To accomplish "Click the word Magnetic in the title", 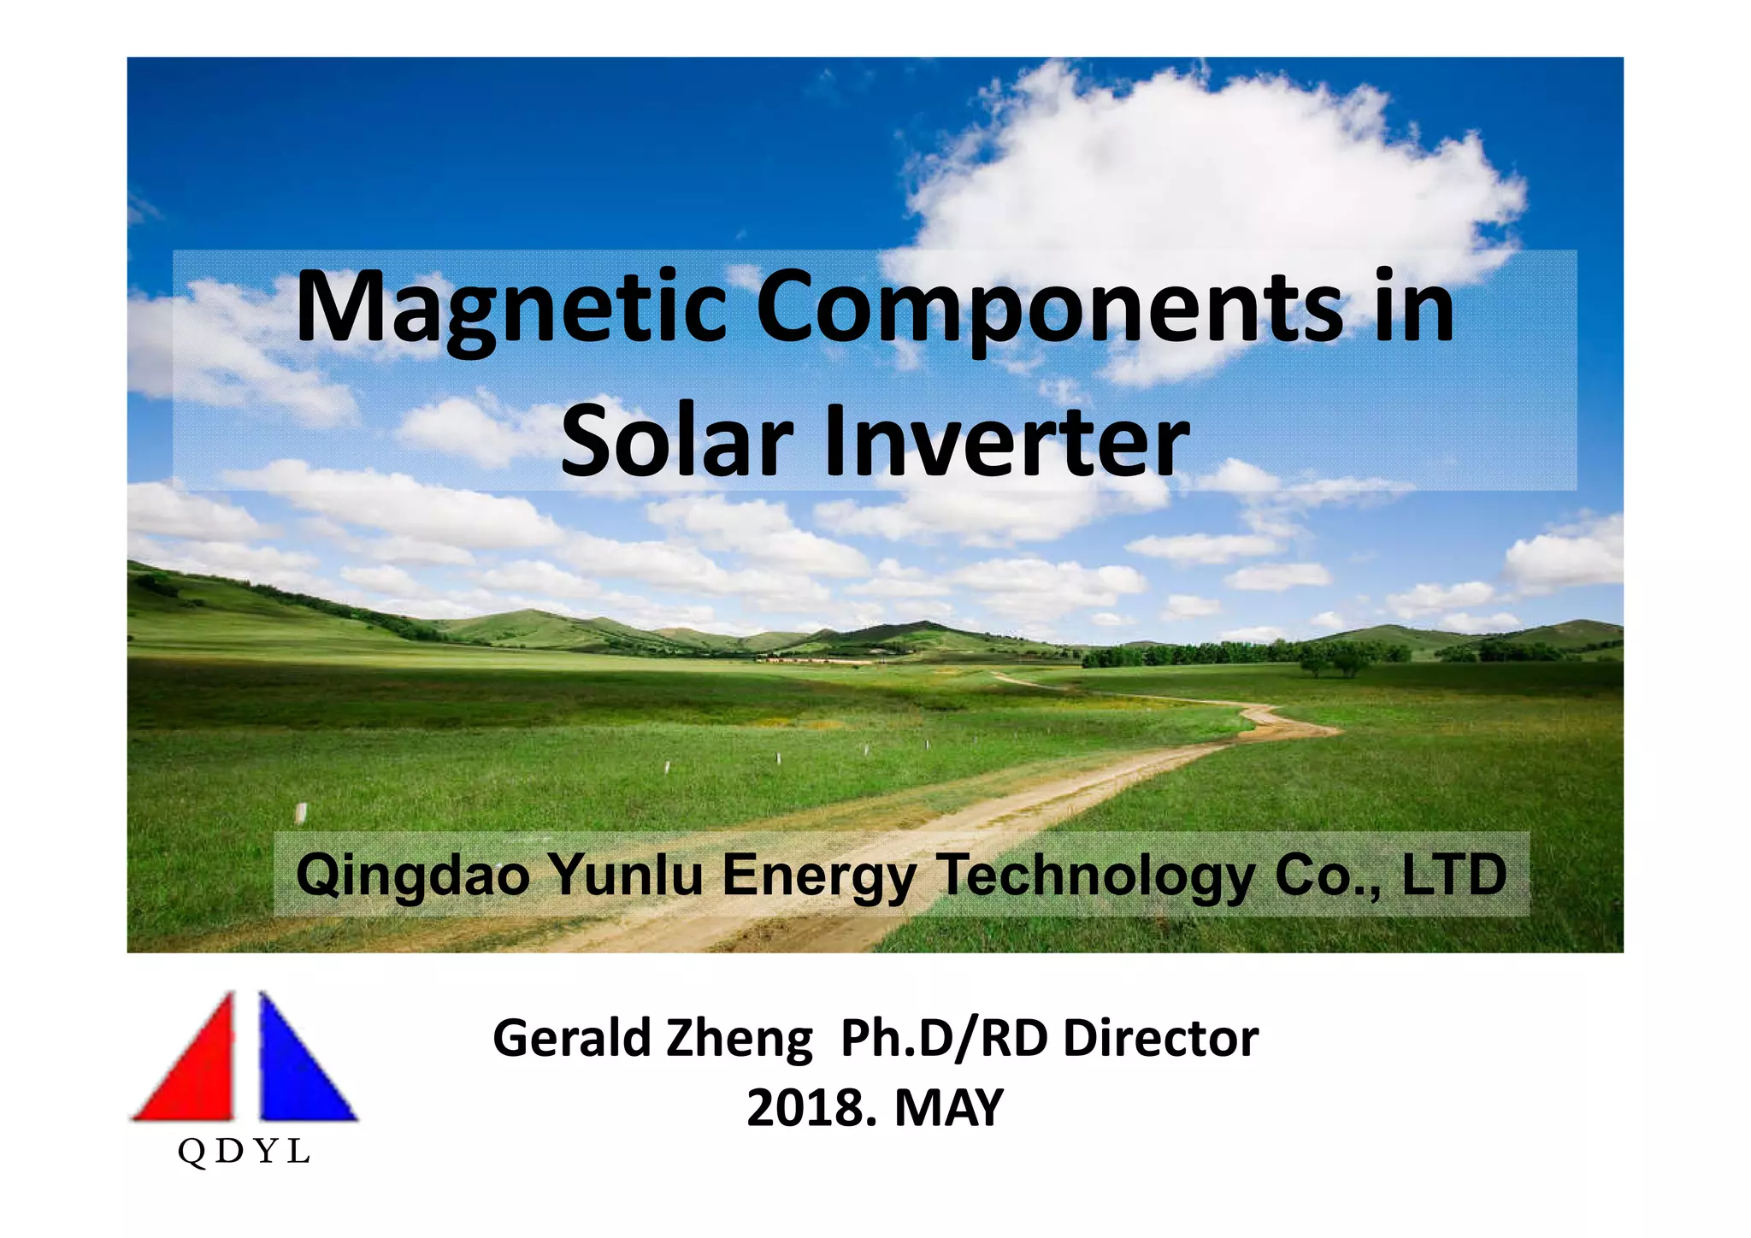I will (x=510, y=308).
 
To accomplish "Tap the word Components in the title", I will (x=1049, y=308).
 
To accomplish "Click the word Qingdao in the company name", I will (x=412, y=875).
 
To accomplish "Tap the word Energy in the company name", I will (x=819, y=875).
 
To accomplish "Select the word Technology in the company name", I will (x=1096, y=875).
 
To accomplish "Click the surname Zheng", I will (x=739, y=1040).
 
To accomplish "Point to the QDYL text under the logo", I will (x=244, y=1153).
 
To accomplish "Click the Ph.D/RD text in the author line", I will (x=945, y=1038).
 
